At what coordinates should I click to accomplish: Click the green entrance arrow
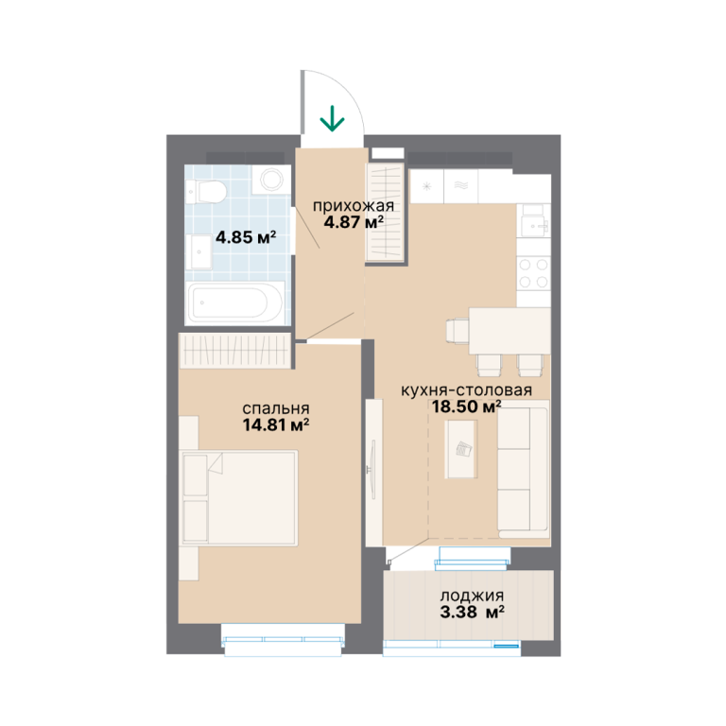pyautogui.click(x=332, y=118)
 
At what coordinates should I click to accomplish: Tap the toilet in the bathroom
pyautogui.click(x=206, y=192)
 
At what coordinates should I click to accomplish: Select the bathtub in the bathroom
pyautogui.click(x=235, y=303)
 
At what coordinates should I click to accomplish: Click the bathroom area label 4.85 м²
pyautogui.click(x=246, y=237)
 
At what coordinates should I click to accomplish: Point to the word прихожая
pyautogui.click(x=354, y=206)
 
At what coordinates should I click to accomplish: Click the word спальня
pyautogui.click(x=276, y=408)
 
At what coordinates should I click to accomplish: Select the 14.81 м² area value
pyautogui.click(x=276, y=424)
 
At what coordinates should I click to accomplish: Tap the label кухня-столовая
pyautogui.click(x=466, y=390)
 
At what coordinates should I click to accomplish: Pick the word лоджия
pyautogui.click(x=472, y=596)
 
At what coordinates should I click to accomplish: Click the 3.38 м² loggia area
pyautogui.click(x=472, y=613)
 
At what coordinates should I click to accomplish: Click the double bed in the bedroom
pyautogui.click(x=239, y=498)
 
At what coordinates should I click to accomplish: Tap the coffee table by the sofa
pyautogui.click(x=460, y=449)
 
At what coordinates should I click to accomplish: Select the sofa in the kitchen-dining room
pyautogui.click(x=523, y=469)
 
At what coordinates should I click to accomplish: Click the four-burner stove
pyautogui.click(x=533, y=273)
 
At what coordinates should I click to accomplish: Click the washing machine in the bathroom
pyautogui.click(x=272, y=180)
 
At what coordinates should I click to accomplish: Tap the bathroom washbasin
pyautogui.click(x=199, y=251)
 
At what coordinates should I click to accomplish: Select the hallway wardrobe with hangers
pyautogui.click(x=386, y=212)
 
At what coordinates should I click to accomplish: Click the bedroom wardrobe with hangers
pyautogui.click(x=235, y=351)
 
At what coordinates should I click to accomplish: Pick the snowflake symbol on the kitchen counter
pyautogui.click(x=427, y=186)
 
